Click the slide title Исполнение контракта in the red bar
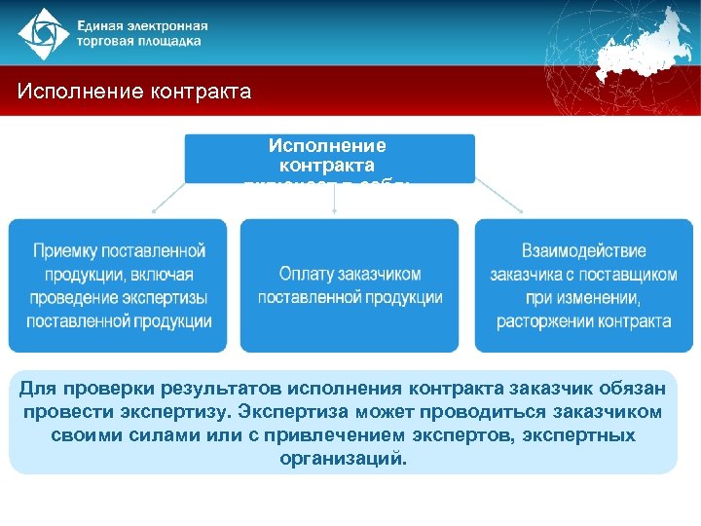[x=134, y=93]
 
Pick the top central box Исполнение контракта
[x=328, y=157]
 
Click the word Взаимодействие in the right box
[x=583, y=251]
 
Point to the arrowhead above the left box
[x=153, y=209]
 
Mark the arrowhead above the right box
[x=523, y=209]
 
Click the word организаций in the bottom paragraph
[x=342, y=458]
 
